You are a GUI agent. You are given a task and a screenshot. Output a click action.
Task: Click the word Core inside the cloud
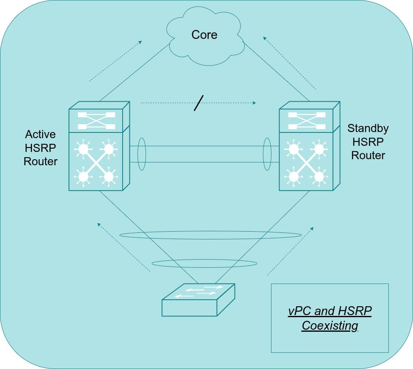pos(204,35)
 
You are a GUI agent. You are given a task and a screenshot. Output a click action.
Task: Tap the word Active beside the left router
pos(40,134)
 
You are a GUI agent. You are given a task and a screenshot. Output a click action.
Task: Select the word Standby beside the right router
pos(368,129)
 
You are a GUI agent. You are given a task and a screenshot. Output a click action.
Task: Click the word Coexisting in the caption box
pos(330,326)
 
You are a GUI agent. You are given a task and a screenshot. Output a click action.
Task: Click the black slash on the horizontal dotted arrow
pos(199,103)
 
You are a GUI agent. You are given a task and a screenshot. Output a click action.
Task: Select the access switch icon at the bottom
pos(198,300)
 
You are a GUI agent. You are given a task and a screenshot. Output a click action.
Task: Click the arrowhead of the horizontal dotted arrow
pos(254,103)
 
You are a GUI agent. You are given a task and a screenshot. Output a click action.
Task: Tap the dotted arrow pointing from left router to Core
pos(115,61)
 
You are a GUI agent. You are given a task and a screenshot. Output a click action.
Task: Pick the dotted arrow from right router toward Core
pos(289,63)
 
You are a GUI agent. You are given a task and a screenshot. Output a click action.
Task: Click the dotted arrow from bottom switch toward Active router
pos(123,247)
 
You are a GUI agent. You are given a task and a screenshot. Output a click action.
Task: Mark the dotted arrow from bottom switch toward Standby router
pos(290,251)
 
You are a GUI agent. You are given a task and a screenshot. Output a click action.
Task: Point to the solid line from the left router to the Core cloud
pos(135,73)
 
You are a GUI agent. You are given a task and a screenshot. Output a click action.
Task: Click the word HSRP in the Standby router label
pos(368,142)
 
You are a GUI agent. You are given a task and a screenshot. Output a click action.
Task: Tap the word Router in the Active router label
pos(40,162)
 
